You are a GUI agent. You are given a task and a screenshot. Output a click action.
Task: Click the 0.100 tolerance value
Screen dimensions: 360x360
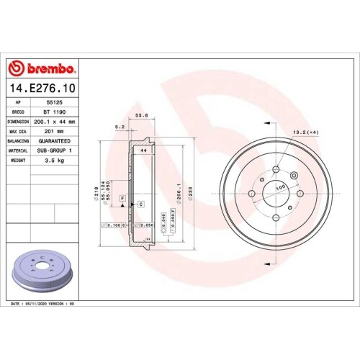pyautogui.click(x=113, y=225)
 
